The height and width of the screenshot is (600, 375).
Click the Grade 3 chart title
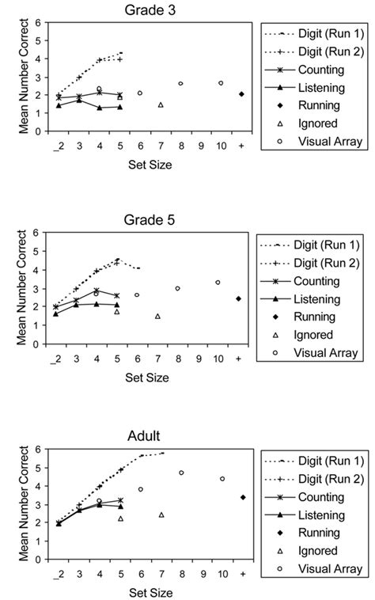(150, 9)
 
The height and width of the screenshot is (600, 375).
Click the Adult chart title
(150, 435)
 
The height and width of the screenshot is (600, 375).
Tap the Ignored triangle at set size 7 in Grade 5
(158, 316)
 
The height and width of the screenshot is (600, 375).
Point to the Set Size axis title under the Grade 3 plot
(150, 166)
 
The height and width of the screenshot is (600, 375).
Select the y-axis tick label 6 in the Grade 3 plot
(36, 23)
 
